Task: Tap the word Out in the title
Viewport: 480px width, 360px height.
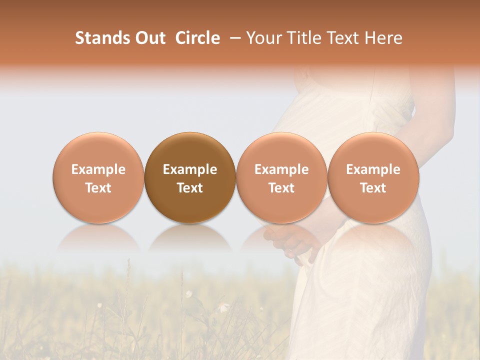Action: pos(149,38)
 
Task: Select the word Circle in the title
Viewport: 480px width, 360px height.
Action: pos(197,38)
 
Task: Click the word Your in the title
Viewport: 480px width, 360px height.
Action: pos(264,38)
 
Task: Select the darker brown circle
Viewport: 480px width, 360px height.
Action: pos(190,177)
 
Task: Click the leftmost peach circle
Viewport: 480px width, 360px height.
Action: pos(98,177)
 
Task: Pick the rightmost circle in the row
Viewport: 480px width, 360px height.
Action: pos(373,177)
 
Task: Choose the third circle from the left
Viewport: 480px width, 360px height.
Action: pos(281,177)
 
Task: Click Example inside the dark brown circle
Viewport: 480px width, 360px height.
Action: pos(190,169)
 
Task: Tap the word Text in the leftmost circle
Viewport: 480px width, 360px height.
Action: pos(98,188)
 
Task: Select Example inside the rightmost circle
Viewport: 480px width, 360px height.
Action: pos(373,169)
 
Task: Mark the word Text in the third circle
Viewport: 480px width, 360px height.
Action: pos(281,188)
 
